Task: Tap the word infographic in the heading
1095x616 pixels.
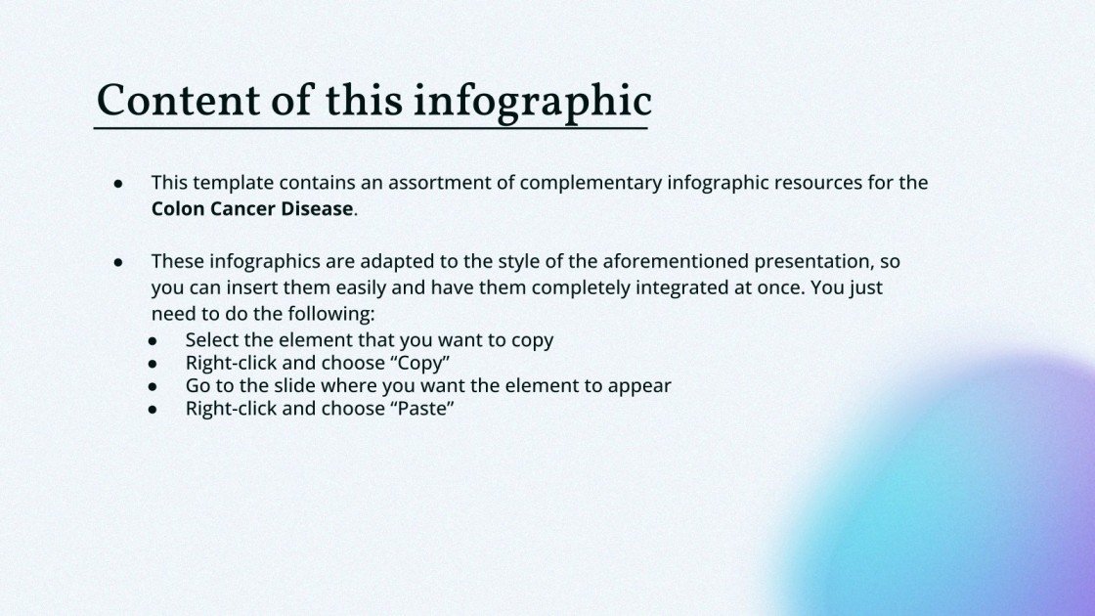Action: (532, 103)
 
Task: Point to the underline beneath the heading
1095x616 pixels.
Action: (372, 128)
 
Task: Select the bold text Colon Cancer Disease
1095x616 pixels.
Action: (251, 208)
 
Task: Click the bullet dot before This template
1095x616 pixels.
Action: (118, 183)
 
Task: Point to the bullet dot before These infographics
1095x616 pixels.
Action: (118, 262)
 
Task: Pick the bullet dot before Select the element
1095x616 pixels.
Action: (153, 340)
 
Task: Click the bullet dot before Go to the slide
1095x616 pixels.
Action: (153, 386)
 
